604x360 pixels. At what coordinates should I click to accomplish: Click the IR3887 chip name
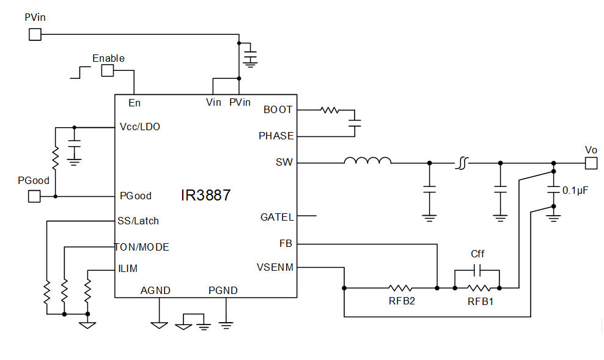click(x=205, y=196)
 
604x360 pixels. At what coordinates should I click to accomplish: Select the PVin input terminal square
click(x=35, y=34)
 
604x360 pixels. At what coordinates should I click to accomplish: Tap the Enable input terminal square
click(x=108, y=71)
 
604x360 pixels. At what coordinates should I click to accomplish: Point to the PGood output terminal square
click(x=34, y=196)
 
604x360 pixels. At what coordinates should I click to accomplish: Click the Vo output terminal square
click(x=591, y=163)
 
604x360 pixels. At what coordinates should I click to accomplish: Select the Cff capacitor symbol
click(x=477, y=270)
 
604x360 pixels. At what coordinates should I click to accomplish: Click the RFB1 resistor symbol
click(x=477, y=287)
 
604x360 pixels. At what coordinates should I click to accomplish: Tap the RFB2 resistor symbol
click(x=400, y=287)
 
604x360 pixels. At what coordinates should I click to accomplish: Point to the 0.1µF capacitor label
click(x=575, y=191)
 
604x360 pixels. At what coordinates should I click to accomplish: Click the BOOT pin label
click(x=278, y=110)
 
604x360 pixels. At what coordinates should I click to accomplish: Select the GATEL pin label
click(x=277, y=217)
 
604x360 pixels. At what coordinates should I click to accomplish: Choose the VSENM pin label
click(x=275, y=267)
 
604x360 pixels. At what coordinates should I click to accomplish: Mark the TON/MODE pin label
click(x=142, y=247)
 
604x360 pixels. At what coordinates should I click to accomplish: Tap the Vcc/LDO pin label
click(x=140, y=127)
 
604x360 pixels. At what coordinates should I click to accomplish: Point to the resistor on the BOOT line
click(x=330, y=111)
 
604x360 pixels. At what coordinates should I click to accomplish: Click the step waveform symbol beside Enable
click(x=80, y=72)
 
